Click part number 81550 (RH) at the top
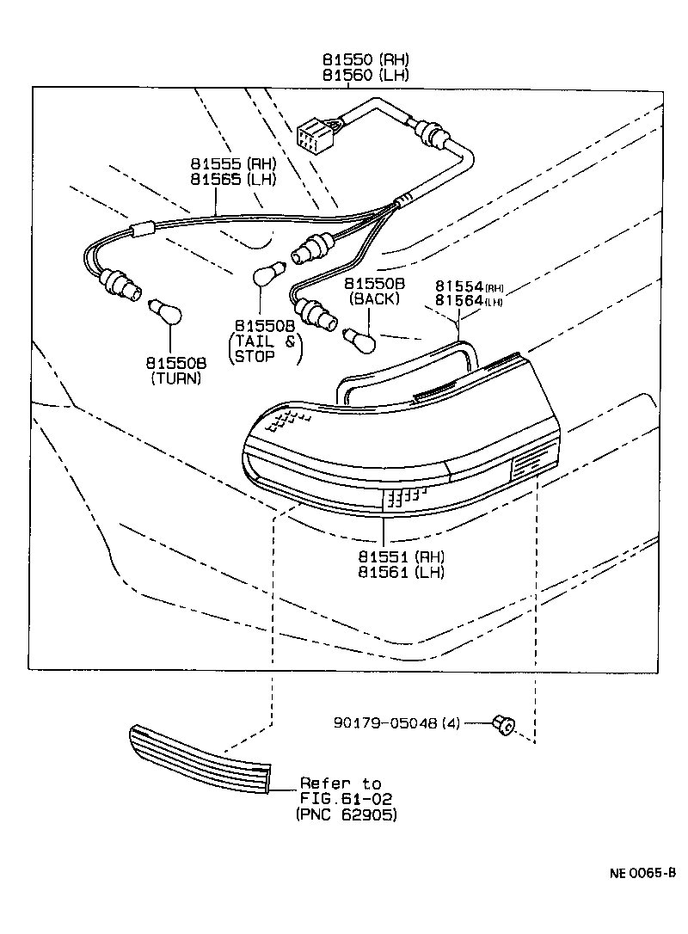pyautogui.click(x=365, y=60)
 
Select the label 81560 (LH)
pyautogui.click(x=365, y=75)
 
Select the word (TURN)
pyautogui.click(x=175, y=378)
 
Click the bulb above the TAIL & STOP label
pyautogui.click(x=266, y=276)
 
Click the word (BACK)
pyautogui.click(x=374, y=299)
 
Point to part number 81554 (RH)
pyautogui.click(x=469, y=286)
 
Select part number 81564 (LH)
pyautogui.click(x=469, y=300)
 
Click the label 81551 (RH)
pyautogui.click(x=402, y=556)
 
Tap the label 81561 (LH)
pyautogui.click(x=402, y=572)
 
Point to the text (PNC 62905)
pyautogui.click(x=346, y=814)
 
